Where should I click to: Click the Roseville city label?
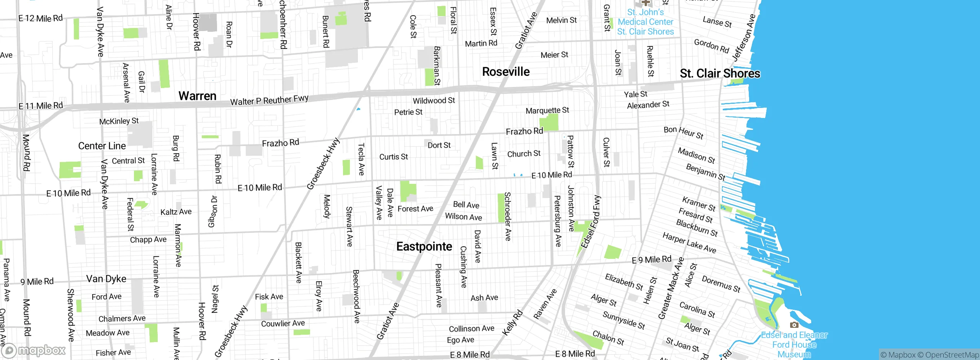506,72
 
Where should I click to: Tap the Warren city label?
198,96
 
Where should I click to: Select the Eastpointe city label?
424,246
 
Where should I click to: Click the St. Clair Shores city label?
720,73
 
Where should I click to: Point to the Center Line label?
102,146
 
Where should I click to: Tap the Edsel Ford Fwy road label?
591,222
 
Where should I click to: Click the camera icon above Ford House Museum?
794,325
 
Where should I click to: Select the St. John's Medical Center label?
645,22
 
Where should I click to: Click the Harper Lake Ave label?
689,243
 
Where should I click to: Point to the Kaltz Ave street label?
176,212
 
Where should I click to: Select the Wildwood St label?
434,101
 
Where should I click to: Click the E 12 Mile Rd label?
40,18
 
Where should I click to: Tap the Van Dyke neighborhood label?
106,279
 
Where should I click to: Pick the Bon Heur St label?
683,133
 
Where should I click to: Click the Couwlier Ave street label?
283,323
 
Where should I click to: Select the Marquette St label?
547,111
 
